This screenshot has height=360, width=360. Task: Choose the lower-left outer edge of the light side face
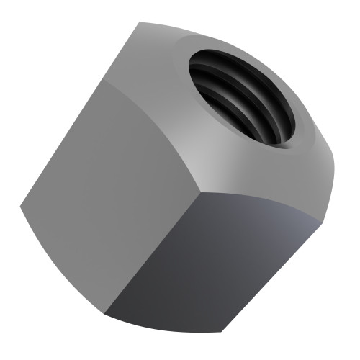click(61, 259)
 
